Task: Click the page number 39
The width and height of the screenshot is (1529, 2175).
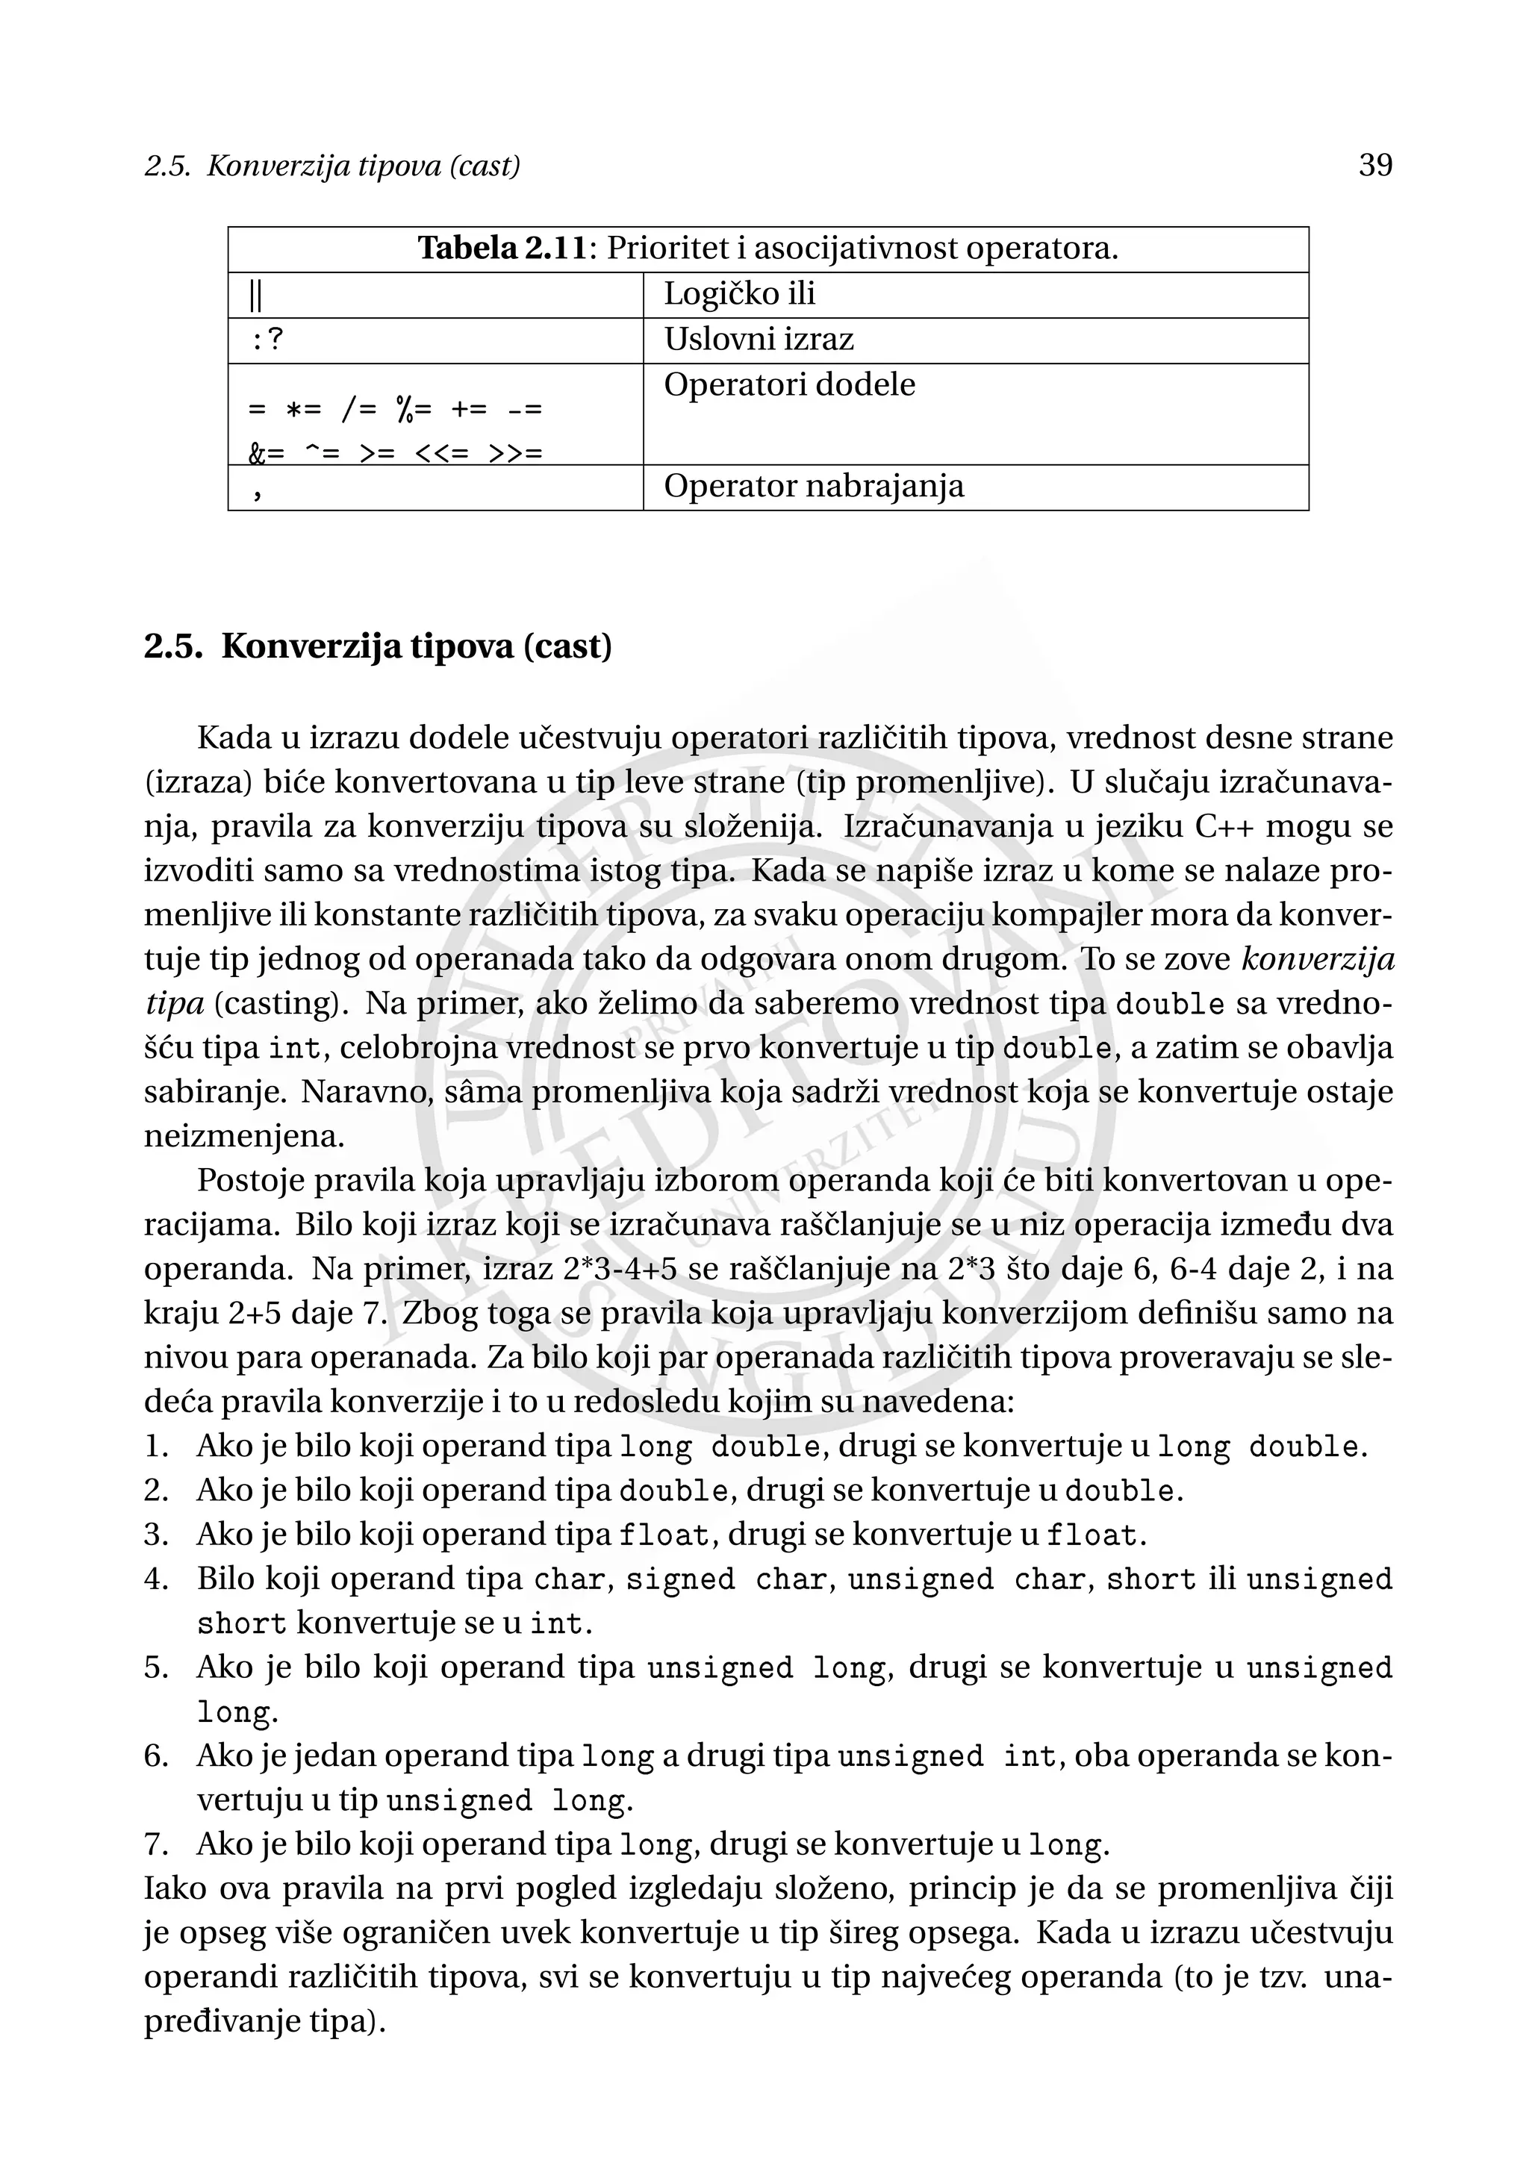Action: [x=1374, y=166]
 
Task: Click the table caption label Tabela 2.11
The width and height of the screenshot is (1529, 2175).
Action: [x=502, y=249]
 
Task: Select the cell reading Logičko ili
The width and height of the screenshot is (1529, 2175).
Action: [x=739, y=295]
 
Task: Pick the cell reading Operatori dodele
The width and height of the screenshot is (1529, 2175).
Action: [x=789, y=386]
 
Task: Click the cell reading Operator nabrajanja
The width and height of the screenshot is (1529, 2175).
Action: [x=813, y=487]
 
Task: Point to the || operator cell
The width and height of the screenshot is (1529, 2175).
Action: [x=255, y=296]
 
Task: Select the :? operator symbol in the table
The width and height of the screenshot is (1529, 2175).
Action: [x=267, y=340]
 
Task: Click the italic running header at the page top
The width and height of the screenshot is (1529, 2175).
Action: [x=332, y=166]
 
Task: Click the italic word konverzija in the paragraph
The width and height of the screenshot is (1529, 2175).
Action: [x=1317, y=960]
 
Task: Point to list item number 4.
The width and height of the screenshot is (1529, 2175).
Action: [x=155, y=1579]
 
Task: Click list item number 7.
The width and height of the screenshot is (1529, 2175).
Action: [x=155, y=1844]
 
